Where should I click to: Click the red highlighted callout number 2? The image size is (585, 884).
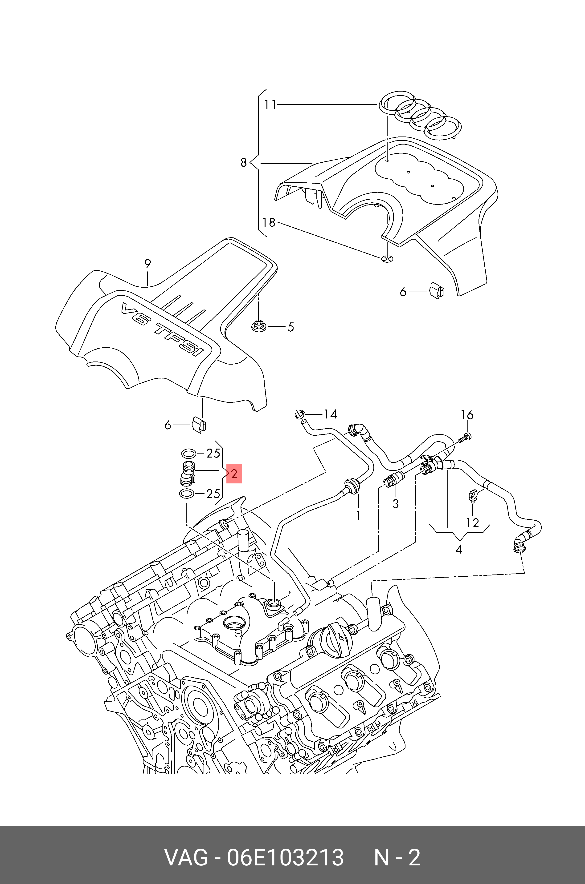(234, 474)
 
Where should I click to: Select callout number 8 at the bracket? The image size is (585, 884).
(244, 162)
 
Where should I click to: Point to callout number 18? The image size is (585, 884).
(269, 222)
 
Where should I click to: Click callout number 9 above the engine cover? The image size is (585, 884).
(148, 264)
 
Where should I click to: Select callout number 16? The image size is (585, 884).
(467, 415)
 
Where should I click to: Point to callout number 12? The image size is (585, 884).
(472, 523)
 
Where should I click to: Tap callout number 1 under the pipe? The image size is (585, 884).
(358, 515)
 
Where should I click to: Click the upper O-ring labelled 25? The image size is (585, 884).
(189, 454)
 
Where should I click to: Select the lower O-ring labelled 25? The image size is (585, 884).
(187, 494)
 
